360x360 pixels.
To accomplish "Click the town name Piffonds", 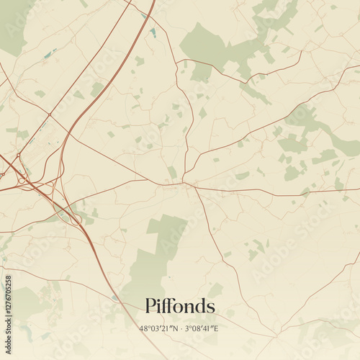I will [179, 306].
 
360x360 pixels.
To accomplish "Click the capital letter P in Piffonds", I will [150, 306].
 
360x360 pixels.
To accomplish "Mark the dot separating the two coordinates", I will [181, 328].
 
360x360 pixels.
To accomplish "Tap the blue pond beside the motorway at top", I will [153, 32].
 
